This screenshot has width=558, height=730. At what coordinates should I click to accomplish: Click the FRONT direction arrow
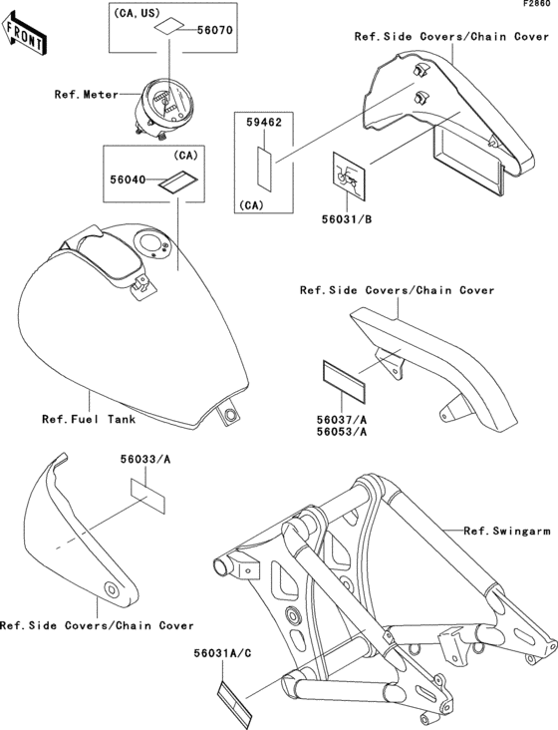pos(23,33)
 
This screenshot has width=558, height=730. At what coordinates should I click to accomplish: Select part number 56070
pos(215,30)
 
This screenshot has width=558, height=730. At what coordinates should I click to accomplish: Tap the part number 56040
pos(128,180)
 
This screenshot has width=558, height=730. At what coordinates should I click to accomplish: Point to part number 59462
pos(264,123)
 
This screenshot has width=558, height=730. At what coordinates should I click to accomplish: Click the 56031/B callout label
pos(347,219)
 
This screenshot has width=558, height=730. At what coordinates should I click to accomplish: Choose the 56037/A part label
pos(342,421)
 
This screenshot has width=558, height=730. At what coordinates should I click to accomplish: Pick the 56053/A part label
pos(342,432)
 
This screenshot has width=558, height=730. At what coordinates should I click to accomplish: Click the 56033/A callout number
pos(145,460)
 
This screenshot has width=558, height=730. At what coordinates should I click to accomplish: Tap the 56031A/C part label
pos(223,653)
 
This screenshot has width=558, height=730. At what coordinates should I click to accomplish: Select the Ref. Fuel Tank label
pos(89,419)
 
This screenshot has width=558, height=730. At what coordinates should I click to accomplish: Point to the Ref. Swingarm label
pos(507,531)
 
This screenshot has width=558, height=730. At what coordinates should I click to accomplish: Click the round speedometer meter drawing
pos(162,105)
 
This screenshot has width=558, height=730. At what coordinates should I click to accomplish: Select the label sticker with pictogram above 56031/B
pos(349,176)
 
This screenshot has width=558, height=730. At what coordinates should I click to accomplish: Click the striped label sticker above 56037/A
pos(344,381)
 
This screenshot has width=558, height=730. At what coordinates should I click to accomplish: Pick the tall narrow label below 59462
pos(264,169)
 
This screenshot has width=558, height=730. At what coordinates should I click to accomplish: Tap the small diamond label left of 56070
pos(168,28)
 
